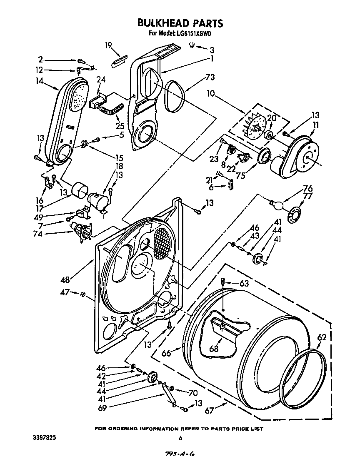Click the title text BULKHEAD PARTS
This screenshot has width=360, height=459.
180,23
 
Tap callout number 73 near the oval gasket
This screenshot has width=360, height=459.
198,77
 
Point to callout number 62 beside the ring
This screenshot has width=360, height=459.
322,338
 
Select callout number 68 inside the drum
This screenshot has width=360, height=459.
214,348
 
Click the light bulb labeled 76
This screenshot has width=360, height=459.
276,204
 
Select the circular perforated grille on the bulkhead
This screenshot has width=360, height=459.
163,243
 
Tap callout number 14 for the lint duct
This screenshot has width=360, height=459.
40,82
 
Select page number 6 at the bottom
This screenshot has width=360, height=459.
180,438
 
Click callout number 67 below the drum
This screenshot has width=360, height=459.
210,411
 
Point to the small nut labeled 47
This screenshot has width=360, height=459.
82,295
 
